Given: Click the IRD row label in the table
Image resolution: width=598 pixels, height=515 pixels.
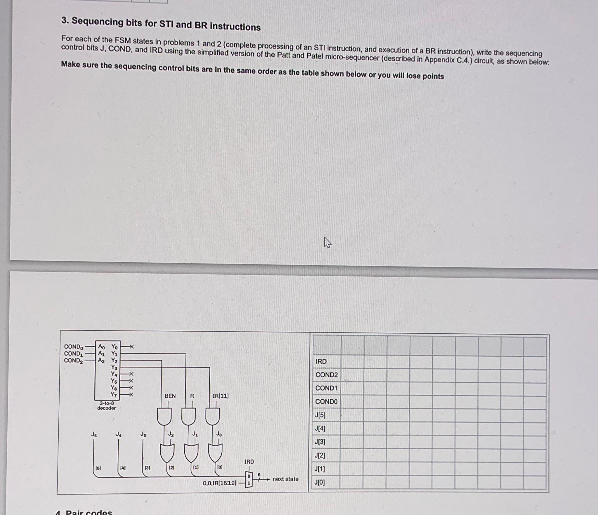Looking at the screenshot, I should click(x=321, y=361).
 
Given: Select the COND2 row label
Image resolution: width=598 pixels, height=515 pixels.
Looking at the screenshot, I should click(x=326, y=375).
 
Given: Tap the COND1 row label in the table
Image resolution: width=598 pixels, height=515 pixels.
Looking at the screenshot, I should click(x=326, y=388).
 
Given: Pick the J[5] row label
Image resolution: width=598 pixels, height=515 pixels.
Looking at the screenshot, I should click(x=320, y=415).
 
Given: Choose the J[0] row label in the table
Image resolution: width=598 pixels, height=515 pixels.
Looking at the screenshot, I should click(x=319, y=482).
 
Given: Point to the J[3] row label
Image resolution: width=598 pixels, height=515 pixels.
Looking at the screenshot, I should click(x=320, y=442).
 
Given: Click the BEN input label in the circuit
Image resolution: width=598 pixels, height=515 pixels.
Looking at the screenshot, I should click(x=170, y=396).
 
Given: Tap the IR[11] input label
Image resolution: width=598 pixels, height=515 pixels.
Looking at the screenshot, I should click(x=220, y=396).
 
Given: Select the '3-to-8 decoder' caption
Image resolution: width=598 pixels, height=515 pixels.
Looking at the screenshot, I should click(x=107, y=406).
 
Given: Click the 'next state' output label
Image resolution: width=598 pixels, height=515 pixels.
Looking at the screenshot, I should click(x=285, y=479).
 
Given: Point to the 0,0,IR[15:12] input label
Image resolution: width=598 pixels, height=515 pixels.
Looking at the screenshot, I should click(x=220, y=483).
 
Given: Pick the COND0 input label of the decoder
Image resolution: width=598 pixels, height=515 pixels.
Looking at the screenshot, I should click(x=74, y=347).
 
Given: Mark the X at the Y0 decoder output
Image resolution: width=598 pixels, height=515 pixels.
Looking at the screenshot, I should click(x=131, y=347).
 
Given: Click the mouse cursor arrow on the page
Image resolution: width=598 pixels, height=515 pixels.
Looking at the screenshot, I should click(x=327, y=243).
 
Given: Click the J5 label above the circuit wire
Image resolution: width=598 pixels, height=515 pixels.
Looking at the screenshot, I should click(x=94, y=434).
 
